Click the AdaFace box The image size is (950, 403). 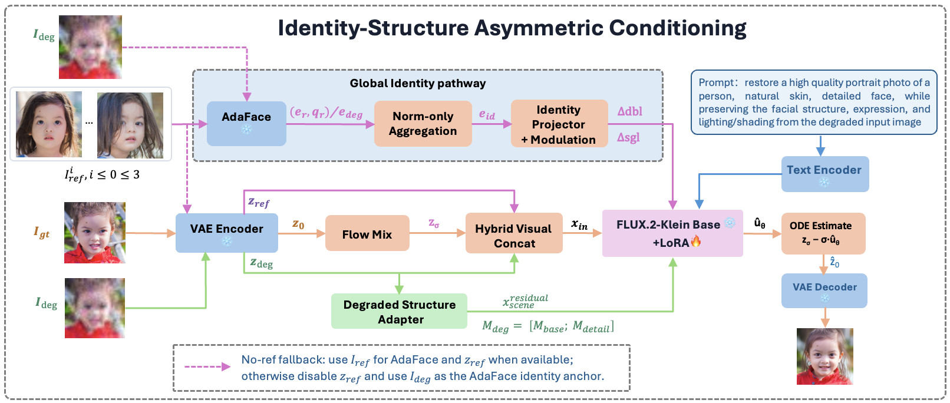(246, 124)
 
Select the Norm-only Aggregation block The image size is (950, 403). (423, 124)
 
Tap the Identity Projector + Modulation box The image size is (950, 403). (559, 124)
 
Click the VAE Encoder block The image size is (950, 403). (227, 233)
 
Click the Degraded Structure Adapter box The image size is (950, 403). (399, 311)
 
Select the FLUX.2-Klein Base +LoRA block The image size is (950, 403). (672, 233)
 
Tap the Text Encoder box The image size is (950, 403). (825, 174)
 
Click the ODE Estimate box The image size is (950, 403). (823, 233)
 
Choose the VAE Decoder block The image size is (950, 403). (824, 290)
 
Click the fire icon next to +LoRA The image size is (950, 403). (696, 242)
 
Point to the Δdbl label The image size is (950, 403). (630, 111)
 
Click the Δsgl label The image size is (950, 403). (628, 137)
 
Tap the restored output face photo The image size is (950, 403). (825, 356)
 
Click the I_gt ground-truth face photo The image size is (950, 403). (94, 233)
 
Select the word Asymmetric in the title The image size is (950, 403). (538, 28)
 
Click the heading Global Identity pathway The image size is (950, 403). (418, 83)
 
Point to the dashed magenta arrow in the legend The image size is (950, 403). (207, 366)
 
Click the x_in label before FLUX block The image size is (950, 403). (579, 224)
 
